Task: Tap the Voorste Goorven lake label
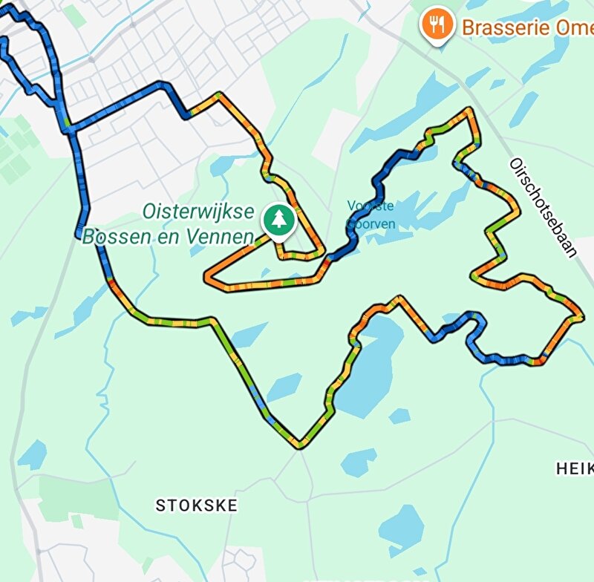click(x=371, y=214)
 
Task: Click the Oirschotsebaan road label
click(x=543, y=207)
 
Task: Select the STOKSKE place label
click(x=196, y=506)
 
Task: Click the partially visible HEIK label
click(x=574, y=468)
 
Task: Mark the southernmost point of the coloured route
click(x=301, y=446)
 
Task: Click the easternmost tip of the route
click(x=581, y=318)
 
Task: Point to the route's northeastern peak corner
click(x=469, y=111)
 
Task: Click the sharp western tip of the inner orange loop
click(x=207, y=277)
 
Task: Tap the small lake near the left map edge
click(x=32, y=454)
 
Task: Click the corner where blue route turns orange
click(x=187, y=115)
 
